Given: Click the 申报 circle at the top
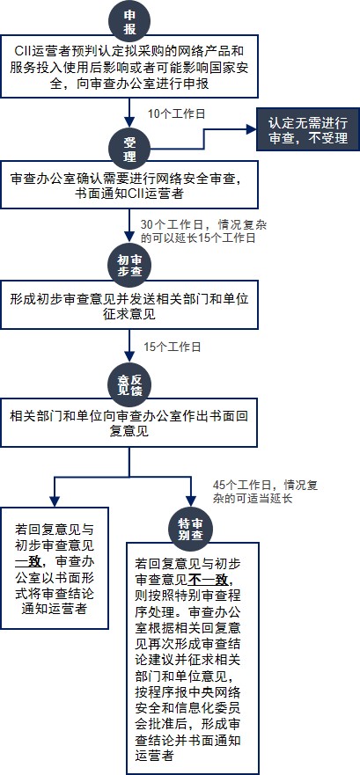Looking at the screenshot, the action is (129, 23).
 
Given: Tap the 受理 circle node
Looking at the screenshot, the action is (129, 149).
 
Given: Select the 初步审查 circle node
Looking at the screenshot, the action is (129, 265).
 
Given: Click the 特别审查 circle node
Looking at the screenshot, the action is (191, 529).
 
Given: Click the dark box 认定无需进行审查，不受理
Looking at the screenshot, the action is (308, 129).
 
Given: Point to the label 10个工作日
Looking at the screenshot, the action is (177, 113).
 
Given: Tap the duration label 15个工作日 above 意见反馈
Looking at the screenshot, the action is (173, 347).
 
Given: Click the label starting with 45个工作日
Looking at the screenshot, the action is (265, 491).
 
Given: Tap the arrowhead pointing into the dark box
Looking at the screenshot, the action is (251, 129).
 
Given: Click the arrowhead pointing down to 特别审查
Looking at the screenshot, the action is (191, 502).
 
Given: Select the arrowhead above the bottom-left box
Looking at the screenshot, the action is (54, 501).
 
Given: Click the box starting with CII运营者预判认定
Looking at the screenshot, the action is (129, 66).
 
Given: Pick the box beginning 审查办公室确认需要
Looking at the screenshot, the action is (129, 184).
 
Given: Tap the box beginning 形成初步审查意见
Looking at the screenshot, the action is (129, 305).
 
